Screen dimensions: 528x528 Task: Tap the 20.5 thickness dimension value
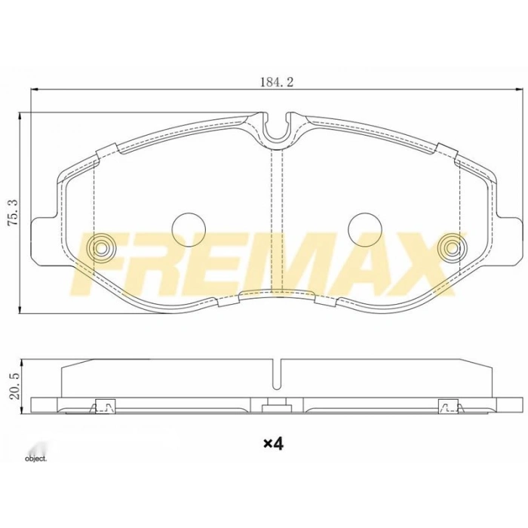pyautogui.click(x=11, y=384)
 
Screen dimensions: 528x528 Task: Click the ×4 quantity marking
pyautogui.click(x=272, y=444)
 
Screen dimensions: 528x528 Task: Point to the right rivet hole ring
pyautogui.click(x=453, y=246)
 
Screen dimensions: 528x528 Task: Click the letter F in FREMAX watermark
pyautogui.click(x=98, y=264)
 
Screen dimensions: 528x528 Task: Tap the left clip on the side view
pyautogui.click(x=102, y=407)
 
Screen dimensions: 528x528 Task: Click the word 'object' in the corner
pyautogui.click(x=35, y=458)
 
